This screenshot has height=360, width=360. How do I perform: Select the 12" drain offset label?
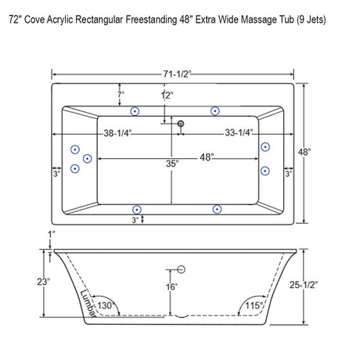165,95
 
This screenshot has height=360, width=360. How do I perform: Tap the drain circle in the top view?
180,123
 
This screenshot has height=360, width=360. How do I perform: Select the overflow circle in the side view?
180,270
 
